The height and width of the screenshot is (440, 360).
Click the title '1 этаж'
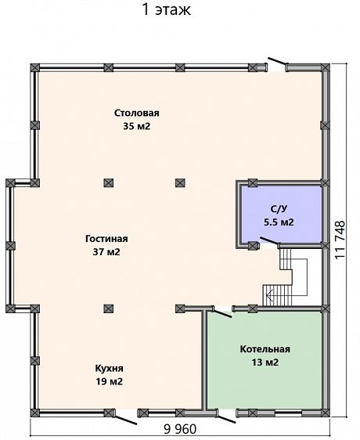coord(167,10)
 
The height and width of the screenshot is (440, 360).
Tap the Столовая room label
coord(137,113)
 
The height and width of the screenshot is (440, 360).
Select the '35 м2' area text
coord(137,126)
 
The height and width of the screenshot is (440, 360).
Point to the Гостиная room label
coord(106,239)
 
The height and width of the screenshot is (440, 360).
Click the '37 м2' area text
coord(106,252)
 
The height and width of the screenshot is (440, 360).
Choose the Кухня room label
coord(109,368)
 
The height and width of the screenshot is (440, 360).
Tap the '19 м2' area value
coord(109,381)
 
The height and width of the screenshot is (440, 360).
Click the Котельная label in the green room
coord(265,349)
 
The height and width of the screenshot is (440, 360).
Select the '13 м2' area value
coord(265,362)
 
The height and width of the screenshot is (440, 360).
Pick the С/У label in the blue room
coord(279,209)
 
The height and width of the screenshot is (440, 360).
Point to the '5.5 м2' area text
coord(279,222)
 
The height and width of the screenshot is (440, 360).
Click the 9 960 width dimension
coord(180,429)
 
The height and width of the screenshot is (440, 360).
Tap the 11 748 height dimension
coord(340,240)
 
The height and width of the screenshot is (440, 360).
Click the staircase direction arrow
coord(270,295)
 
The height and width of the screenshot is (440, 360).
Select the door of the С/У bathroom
coord(270,240)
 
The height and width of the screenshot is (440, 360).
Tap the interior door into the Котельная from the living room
coord(221,313)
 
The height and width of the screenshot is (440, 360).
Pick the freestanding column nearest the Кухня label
coord(108,308)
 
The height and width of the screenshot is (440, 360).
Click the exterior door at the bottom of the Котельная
coord(226,417)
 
